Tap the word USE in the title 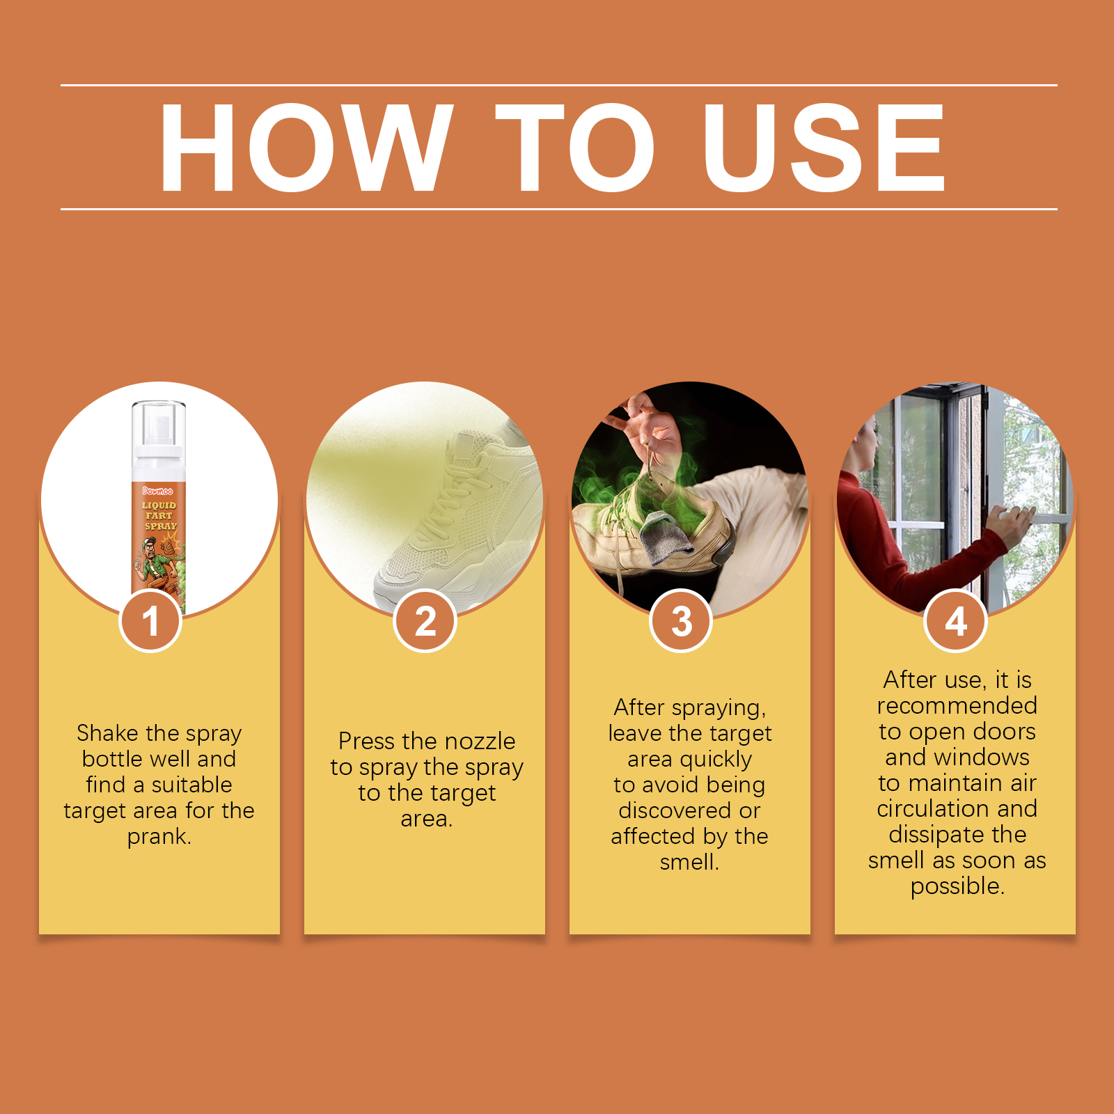(x=824, y=147)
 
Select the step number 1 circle (x=150, y=620)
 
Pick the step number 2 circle (x=425, y=620)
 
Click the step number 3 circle (x=681, y=620)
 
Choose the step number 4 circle (x=956, y=620)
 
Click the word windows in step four (x=984, y=757)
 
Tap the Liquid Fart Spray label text (x=159, y=515)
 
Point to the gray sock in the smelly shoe (x=666, y=536)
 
